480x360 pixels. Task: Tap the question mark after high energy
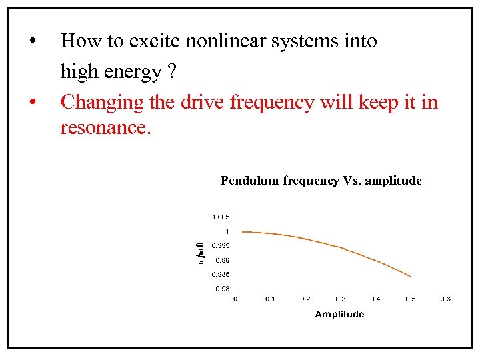click(x=172, y=71)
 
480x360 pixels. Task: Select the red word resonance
click(x=105, y=127)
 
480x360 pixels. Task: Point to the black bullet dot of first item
click(x=32, y=42)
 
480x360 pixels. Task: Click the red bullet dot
click(x=32, y=103)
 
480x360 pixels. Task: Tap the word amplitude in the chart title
click(x=393, y=181)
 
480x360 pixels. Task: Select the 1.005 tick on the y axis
click(x=221, y=217)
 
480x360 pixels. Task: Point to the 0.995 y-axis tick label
click(x=221, y=246)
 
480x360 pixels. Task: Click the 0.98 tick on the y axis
click(x=222, y=289)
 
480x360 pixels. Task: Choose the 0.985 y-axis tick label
click(x=221, y=275)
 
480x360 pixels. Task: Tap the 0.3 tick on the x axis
click(x=340, y=299)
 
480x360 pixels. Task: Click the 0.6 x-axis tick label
click(x=445, y=299)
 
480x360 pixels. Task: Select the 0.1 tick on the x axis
click(x=270, y=299)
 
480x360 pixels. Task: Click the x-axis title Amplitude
click(x=339, y=314)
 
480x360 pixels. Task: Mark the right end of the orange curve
click(x=411, y=277)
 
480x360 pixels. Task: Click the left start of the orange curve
click(x=242, y=232)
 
